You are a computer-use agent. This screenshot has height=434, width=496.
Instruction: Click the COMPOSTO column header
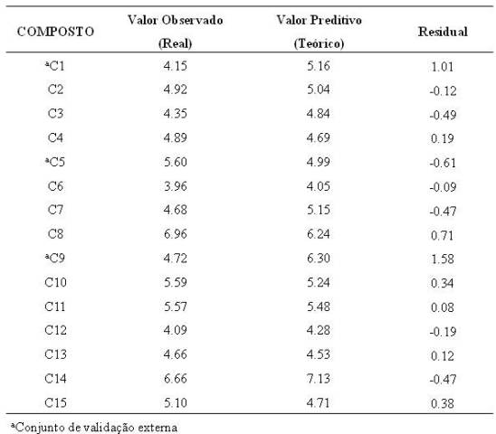point(55,32)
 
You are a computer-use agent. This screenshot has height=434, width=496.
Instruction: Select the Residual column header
point(443,32)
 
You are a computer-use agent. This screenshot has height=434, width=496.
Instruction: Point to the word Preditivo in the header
point(336,20)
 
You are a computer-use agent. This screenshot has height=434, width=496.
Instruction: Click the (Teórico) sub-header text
point(319,43)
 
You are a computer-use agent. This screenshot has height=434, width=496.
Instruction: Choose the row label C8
point(55,234)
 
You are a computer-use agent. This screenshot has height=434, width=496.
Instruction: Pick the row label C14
point(55,378)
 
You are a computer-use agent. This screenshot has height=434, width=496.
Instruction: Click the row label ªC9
point(54,259)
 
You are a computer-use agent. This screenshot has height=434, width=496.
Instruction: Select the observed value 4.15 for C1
point(176,66)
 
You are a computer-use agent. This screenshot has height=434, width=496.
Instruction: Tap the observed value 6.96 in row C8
point(176,234)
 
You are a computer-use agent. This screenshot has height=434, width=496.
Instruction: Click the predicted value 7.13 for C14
point(319,378)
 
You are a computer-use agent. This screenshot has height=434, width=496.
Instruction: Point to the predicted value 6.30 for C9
point(319,259)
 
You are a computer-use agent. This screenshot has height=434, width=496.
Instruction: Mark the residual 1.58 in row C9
point(443,259)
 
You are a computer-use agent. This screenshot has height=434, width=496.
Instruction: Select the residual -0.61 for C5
point(443,163)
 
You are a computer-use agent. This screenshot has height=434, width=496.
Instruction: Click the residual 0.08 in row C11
point(443,307)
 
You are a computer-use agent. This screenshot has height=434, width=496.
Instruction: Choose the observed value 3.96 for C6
point(176,186)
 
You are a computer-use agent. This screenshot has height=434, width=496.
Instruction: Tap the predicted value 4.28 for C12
point(319,330)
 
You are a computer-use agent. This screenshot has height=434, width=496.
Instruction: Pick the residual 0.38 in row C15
point(443,403)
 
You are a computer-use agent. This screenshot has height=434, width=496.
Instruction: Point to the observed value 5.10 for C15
point(176,402)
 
